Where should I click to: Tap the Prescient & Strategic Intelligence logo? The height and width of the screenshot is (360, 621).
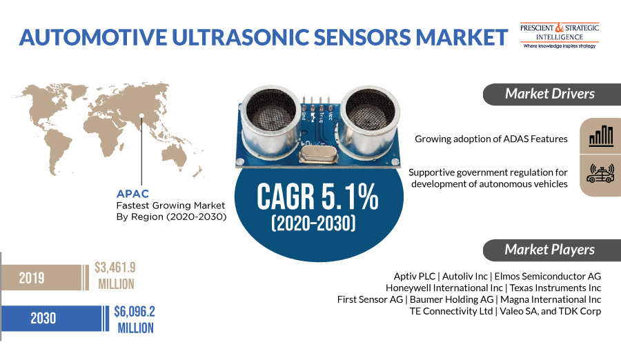(560, 34)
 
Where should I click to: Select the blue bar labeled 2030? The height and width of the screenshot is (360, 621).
(52, 318)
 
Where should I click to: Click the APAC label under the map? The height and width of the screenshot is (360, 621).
(132, 194)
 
